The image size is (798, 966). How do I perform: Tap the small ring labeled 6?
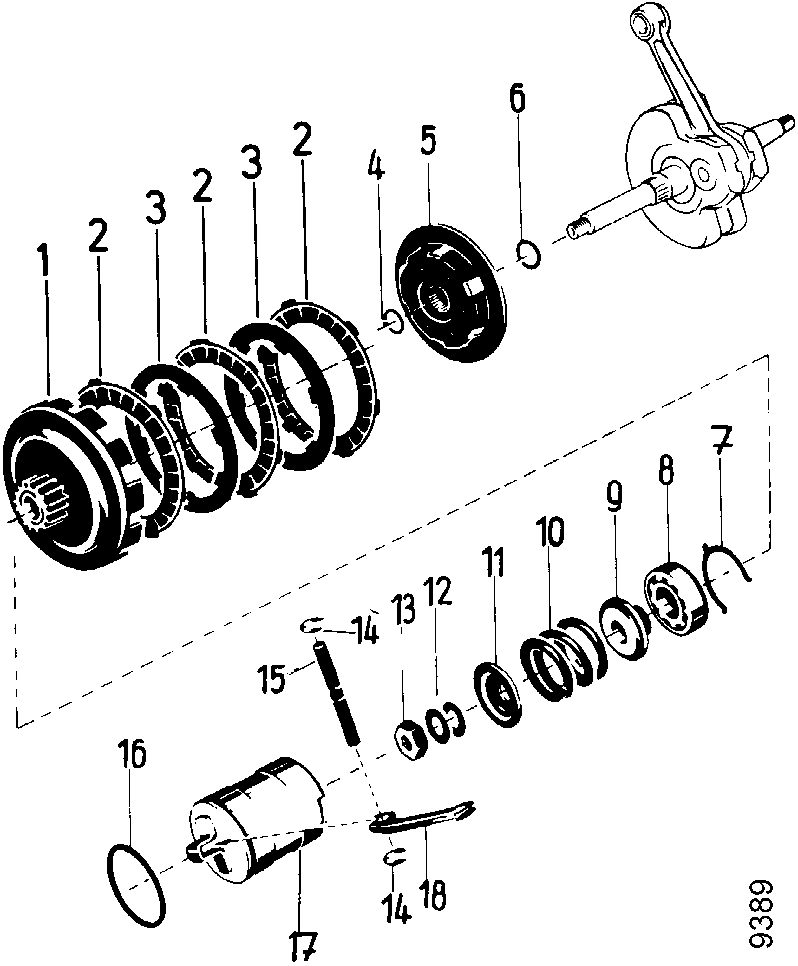(529, 254)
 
